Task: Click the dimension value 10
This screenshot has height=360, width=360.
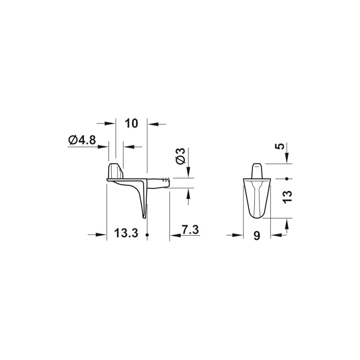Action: click(x=131, y=123)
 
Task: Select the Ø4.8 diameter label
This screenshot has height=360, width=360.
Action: click(x=82, y=140)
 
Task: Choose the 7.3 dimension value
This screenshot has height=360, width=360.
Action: click(x=190, y=229)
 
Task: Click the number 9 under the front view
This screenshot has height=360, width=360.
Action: click(x=256, y=236)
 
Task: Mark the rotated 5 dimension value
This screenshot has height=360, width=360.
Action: click(x=280, y=147)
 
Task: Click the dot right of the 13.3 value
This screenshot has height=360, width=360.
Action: click(x=147, y=235)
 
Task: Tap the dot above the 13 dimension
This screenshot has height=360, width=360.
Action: click(x=286, y=178)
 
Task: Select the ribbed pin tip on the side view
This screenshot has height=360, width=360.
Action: click(x=167, y=180)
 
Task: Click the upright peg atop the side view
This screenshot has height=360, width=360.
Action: click(x=115, y=171)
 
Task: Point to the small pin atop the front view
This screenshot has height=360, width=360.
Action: click(x=256, y=170)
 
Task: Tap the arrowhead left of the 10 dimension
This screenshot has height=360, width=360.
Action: click(x=110, y=123)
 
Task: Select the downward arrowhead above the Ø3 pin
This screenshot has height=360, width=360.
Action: click(x=188, y=173)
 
